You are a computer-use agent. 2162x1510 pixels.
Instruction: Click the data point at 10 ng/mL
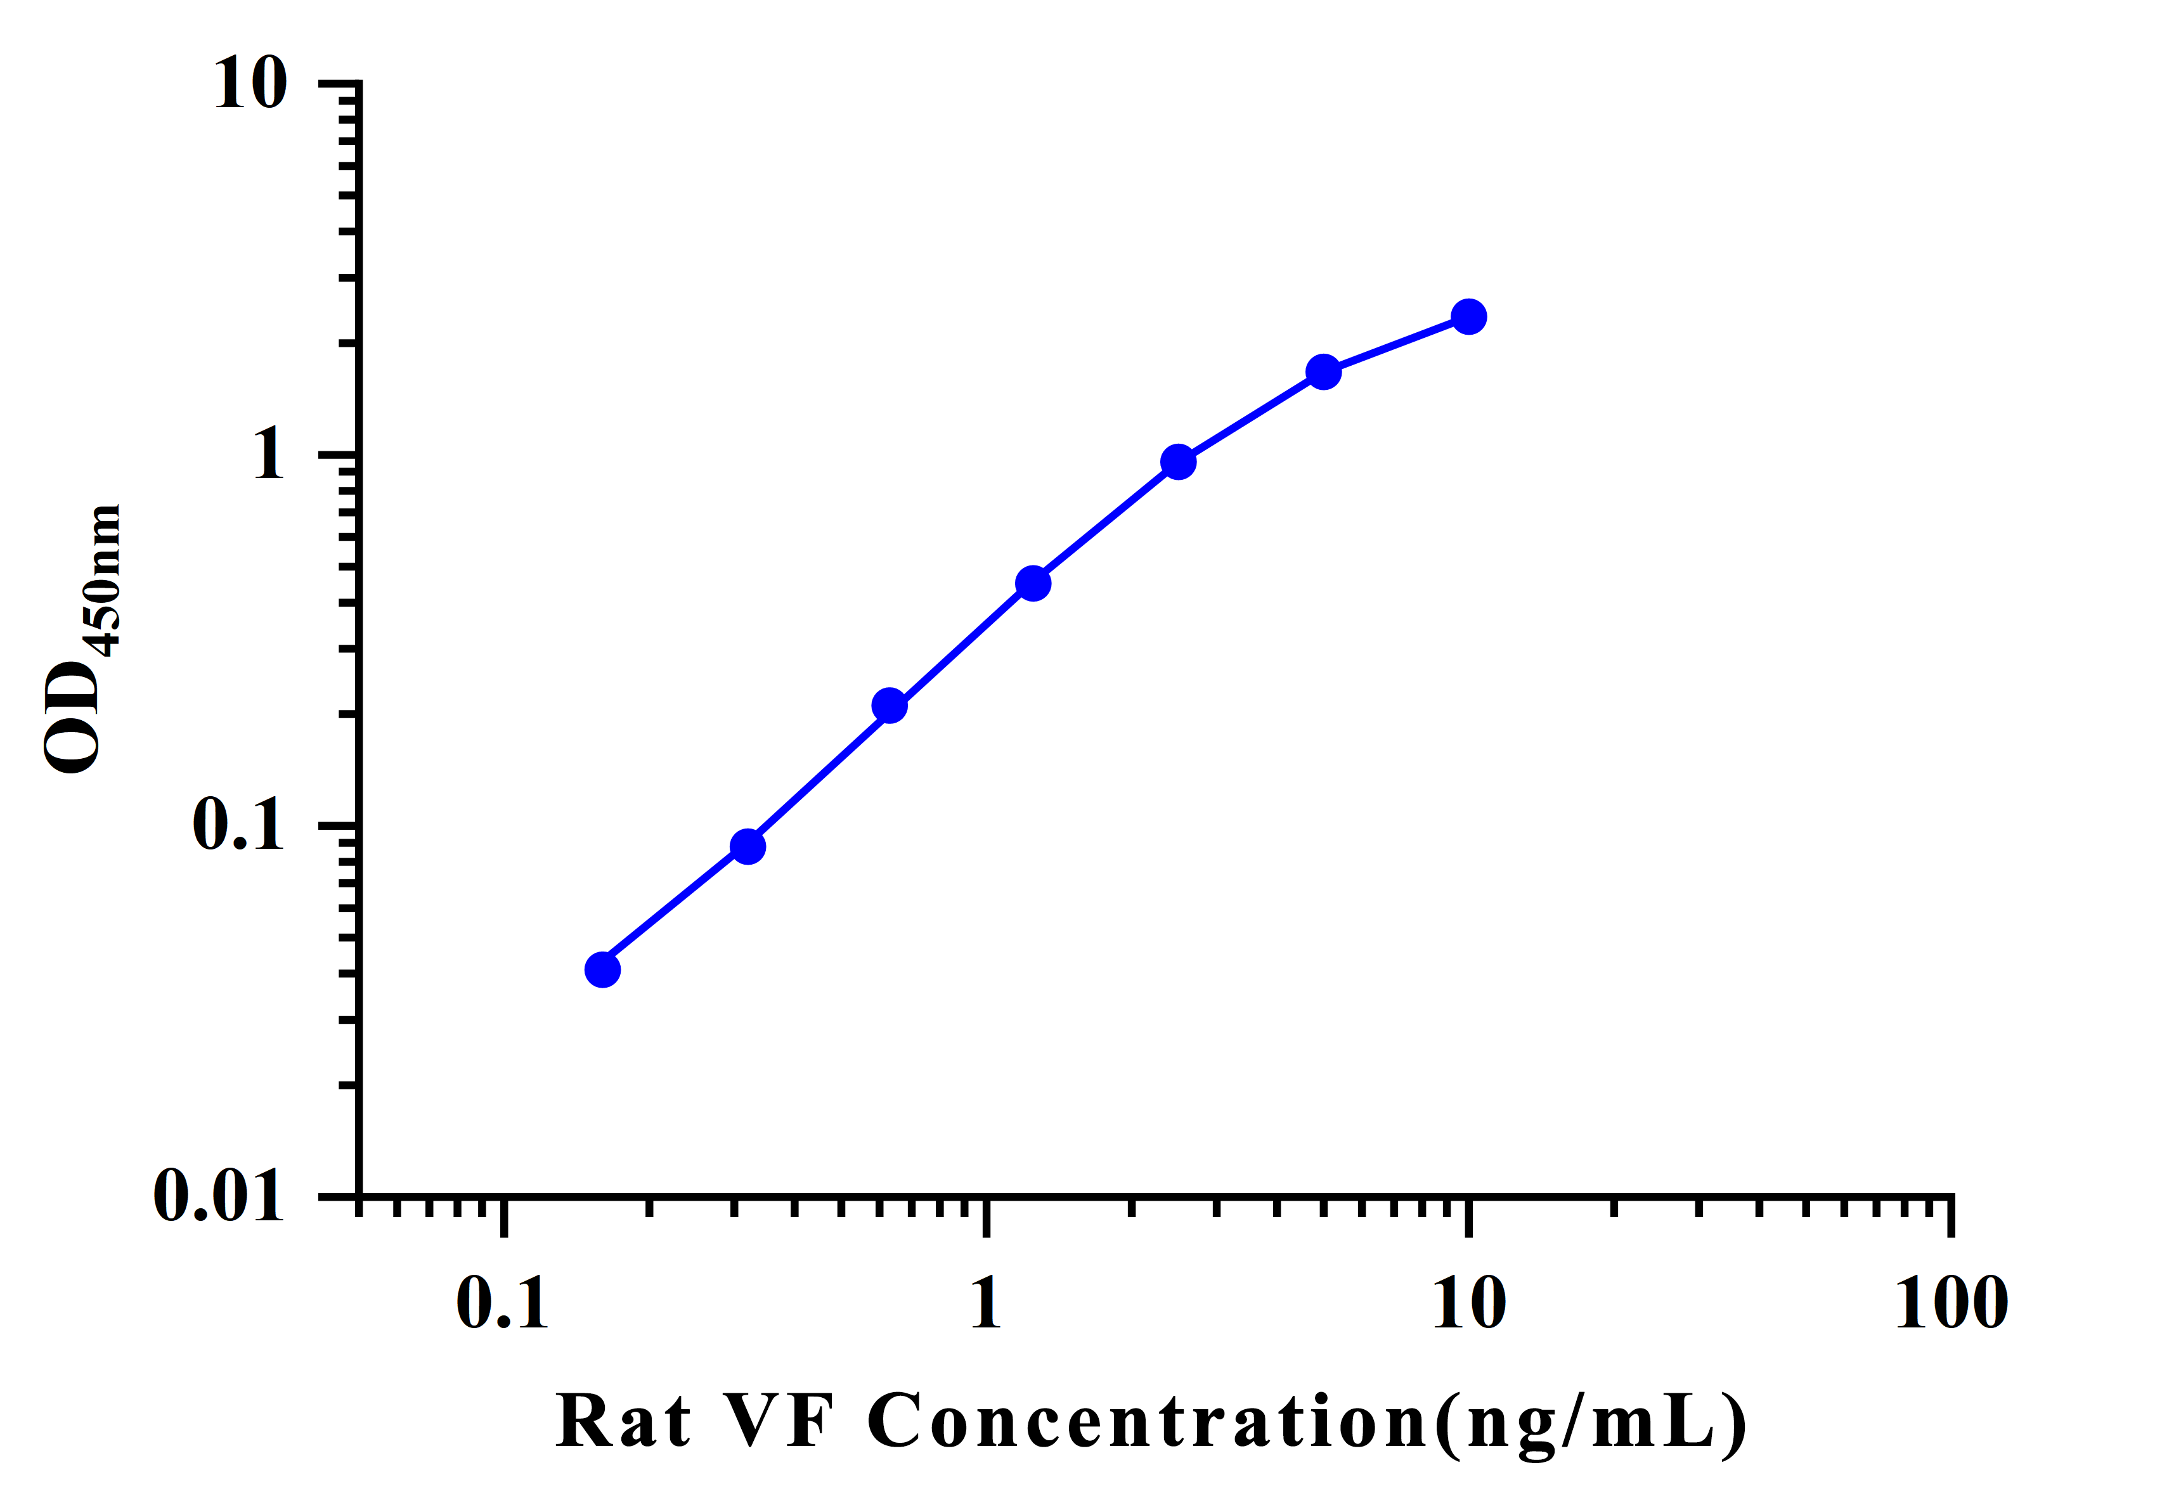pos(1469,317)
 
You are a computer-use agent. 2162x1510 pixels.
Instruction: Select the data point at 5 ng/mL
pos(1324,373)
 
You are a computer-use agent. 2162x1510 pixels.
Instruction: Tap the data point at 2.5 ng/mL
pos(1179,462)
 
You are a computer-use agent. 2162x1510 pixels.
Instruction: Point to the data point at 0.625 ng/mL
pos(890,706)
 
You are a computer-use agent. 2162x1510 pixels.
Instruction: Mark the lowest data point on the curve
pos(603,970)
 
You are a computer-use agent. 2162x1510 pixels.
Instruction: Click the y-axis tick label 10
pos(250,84)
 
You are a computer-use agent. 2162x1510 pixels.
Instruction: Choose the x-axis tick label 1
pos(986,1305)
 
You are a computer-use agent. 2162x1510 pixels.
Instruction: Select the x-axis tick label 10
pos(1469,1305)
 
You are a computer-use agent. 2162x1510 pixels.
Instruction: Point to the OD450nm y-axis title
pos(83,640)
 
